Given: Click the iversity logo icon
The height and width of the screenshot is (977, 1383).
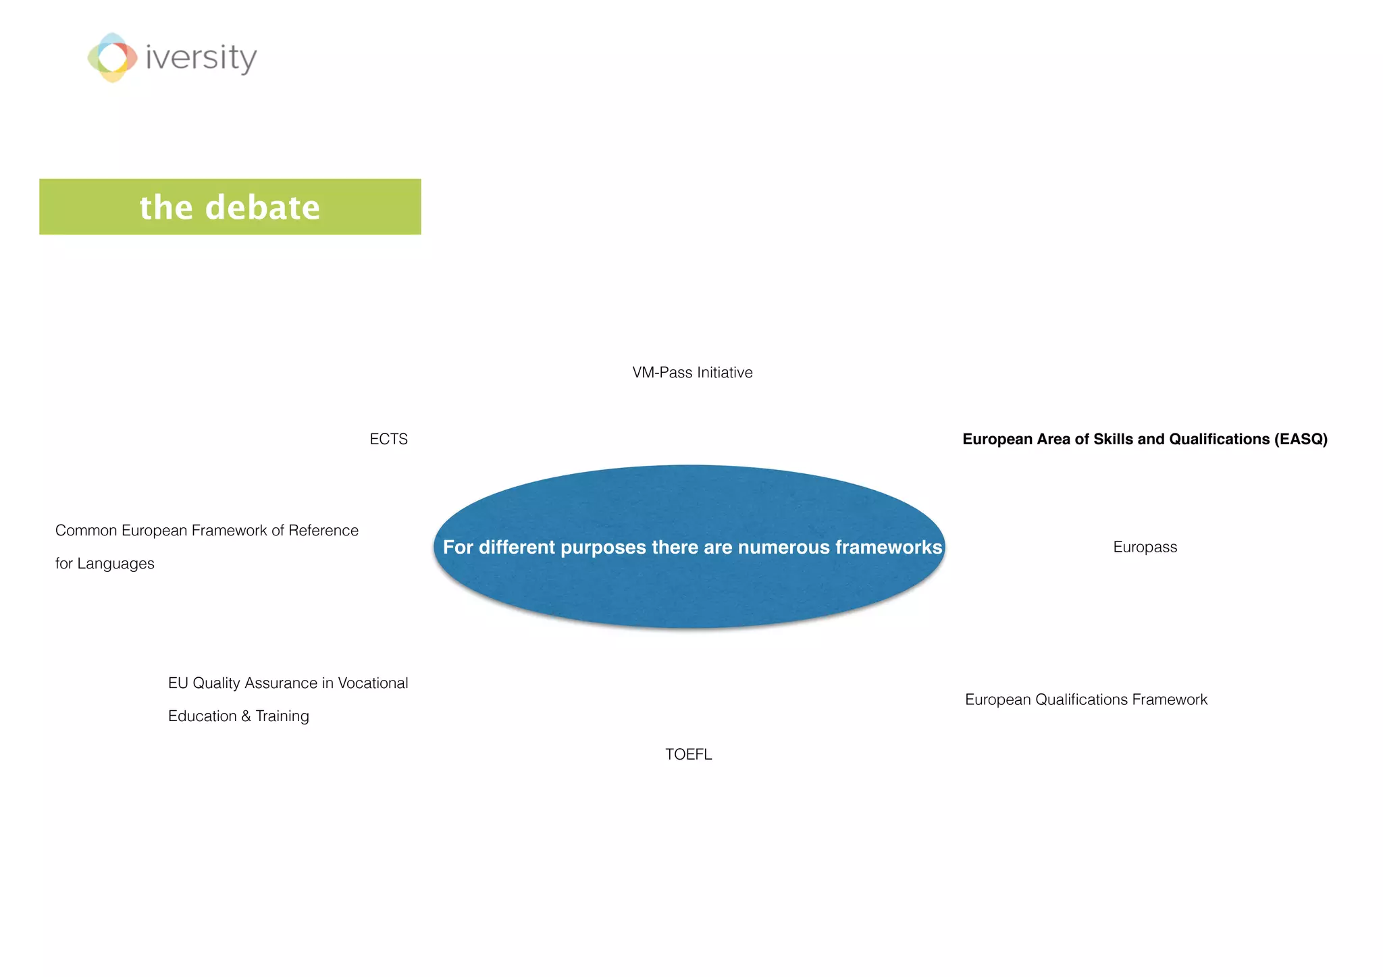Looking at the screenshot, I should pyautogui.click(x=112, y=57).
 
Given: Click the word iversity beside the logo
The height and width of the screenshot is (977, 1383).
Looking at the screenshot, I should pyautogui.click(x=201, y=58).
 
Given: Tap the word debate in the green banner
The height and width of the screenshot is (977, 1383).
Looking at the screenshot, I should pyautogui.click(x=262, y=207).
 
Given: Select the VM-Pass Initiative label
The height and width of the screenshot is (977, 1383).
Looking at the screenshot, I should pyautogui.click(x=692, y=373).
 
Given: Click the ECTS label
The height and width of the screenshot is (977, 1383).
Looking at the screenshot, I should pyautogui.click(x=388, y=440).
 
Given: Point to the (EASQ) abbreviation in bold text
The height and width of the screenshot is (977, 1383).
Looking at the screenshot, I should pyautogui.click(x=1301, y=440).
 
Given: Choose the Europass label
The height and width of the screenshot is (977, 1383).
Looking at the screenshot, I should pyautogui.click(x=1145, y=548).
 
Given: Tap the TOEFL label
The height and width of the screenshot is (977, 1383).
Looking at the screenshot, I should pyautogui.click(x=688, y=755).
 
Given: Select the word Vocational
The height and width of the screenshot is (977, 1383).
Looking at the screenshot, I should pyautogui.click(x=373, y=683).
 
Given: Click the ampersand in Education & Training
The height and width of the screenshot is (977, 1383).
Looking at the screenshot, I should pyautogui.click(x=246, y=716).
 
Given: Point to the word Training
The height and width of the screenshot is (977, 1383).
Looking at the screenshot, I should pyautogui.click(x=282, y=716).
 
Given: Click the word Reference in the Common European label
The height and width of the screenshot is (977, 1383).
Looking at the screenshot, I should pyautogui.click(x=323, y=531).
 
